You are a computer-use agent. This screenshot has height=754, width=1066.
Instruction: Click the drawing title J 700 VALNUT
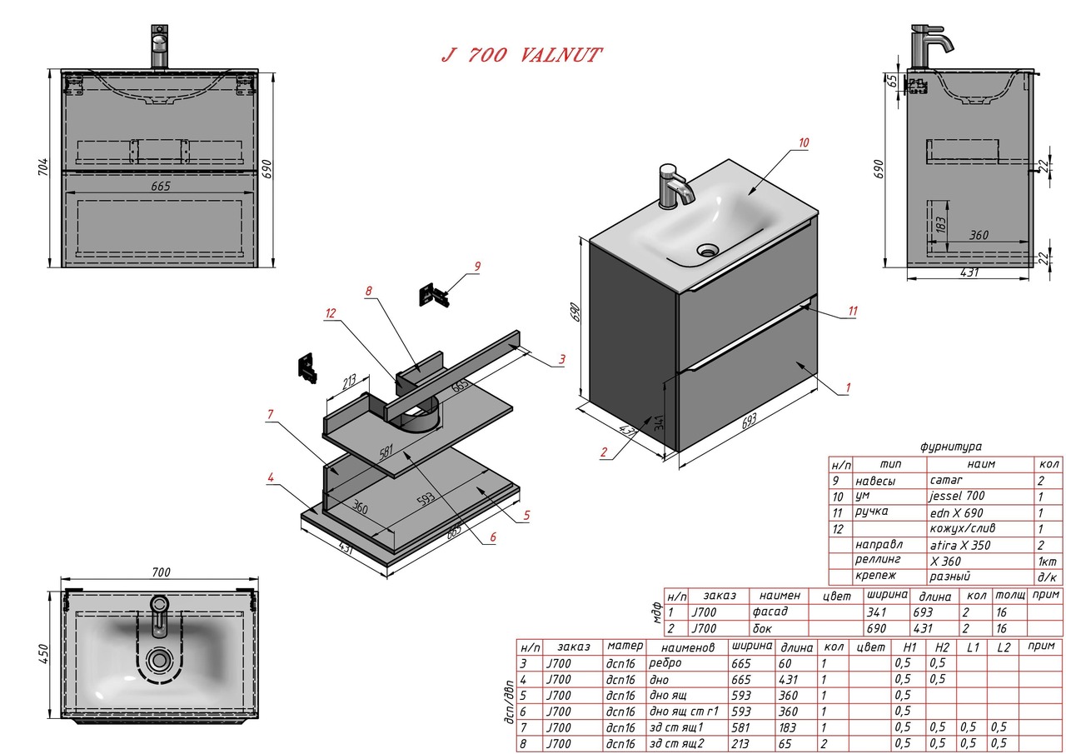coord(521,56)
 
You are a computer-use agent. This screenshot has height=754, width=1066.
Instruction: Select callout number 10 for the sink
coord(803,142)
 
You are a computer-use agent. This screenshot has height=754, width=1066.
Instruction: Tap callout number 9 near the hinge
coord(476,267)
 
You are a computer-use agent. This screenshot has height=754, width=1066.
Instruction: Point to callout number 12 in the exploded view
coord(331,312)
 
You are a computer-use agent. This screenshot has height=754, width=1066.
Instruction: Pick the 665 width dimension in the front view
coord(161,186)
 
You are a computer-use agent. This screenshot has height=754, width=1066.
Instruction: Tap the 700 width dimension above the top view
coord(161,572)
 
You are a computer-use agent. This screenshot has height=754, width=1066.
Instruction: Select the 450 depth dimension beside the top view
coord(43,651)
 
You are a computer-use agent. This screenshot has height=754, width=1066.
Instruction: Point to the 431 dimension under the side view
coord(969,272)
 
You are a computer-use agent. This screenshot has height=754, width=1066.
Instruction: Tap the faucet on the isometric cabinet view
coord(675,187)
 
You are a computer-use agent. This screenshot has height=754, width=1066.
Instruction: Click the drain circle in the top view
coord(159,659)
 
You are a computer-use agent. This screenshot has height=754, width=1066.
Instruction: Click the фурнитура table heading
coord(950,447)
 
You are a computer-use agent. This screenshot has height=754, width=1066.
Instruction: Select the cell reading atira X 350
coord(960,545)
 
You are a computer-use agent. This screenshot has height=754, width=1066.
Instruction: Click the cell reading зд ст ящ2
coord(680,743)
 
